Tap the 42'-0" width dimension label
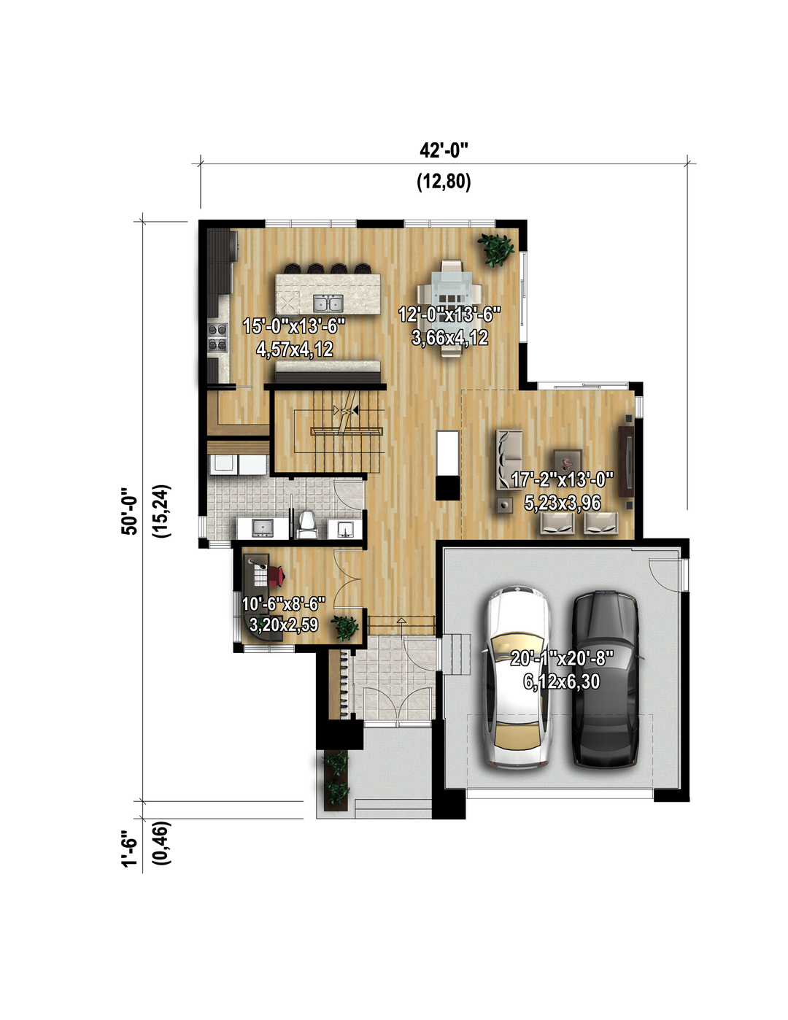pos(444,151)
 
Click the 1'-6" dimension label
pos(130,844)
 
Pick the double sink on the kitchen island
pos(328,304)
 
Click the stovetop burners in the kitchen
pos(217,337)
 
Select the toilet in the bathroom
pos(307,525)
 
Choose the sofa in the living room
pos(509,460)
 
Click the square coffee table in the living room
pos(568,463)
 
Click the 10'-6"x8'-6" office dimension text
pos(284,604)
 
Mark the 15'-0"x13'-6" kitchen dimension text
pos(294,325)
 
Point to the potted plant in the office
pos(345,627)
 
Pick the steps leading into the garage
pos(454,654)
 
